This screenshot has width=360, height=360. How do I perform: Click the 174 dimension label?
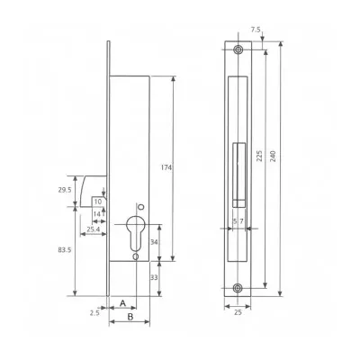click(166, 167)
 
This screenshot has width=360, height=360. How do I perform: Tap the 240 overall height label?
click(273, 156)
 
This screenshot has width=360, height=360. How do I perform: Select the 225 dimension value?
click(259, 156)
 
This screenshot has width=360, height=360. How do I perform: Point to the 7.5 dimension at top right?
click(256, 30)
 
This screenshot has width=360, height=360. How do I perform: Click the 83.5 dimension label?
click(65, 249)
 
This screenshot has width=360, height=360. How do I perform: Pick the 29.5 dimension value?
click(65, 190)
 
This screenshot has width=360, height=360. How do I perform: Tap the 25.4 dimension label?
click(93, 229)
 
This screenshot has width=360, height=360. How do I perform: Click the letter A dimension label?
click(122, 303)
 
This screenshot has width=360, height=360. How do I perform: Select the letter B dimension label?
click(130, 317)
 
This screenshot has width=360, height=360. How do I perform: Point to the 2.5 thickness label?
click(94, 313)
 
